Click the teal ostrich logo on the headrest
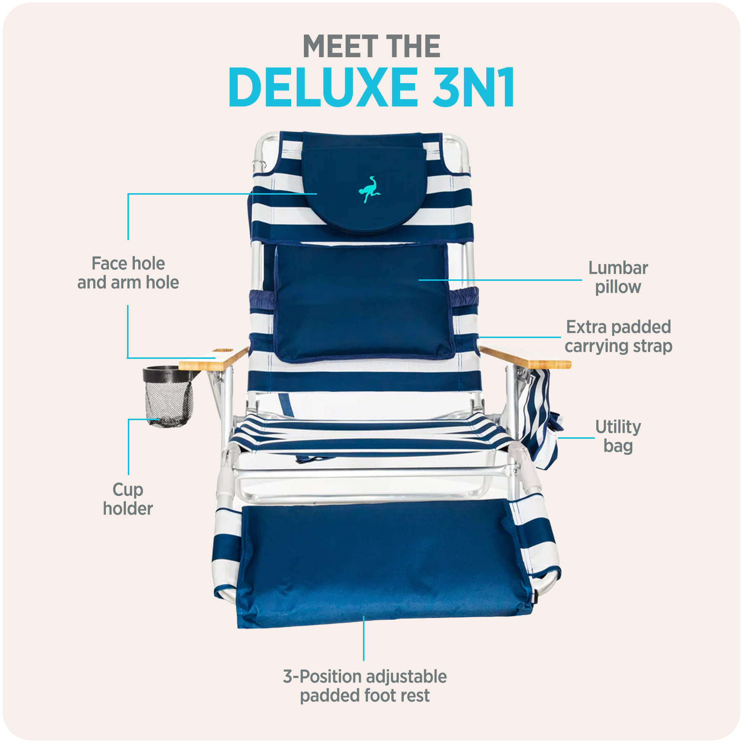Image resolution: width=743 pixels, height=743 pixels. pos(369,189)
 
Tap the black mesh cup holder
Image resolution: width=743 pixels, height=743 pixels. pos(168,397)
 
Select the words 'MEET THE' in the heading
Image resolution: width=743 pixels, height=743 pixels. pos(371,46)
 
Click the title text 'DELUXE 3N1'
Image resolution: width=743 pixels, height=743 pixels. pos(371,87)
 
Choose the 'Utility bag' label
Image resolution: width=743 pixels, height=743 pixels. pos(618,437)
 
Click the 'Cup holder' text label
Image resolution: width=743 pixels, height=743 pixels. pos(128,499)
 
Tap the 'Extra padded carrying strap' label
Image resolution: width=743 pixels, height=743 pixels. pos(619,337)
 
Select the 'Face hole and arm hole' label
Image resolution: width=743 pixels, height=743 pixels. pos(128,273)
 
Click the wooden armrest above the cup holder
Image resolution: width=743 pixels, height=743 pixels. pos(214,358)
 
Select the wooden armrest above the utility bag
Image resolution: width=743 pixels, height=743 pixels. pos(525,357)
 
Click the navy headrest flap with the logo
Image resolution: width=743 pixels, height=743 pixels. pos(364,183)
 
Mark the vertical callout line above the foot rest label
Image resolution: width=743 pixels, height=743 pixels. pos(364,638)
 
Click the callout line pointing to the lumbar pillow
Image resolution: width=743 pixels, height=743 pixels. pos(500,280)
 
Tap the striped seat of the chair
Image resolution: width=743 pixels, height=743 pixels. pos(371,435)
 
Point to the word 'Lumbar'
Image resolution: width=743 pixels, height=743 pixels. pos(618,269)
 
